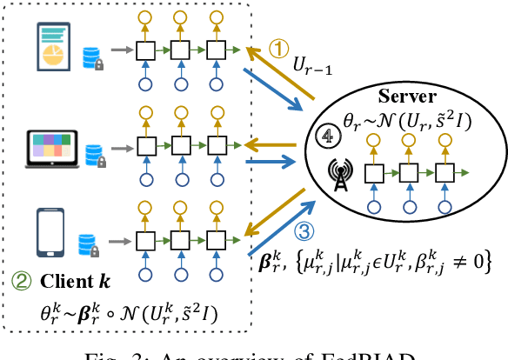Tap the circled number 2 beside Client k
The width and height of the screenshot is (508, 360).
18,280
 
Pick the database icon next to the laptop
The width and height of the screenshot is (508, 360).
95,158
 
